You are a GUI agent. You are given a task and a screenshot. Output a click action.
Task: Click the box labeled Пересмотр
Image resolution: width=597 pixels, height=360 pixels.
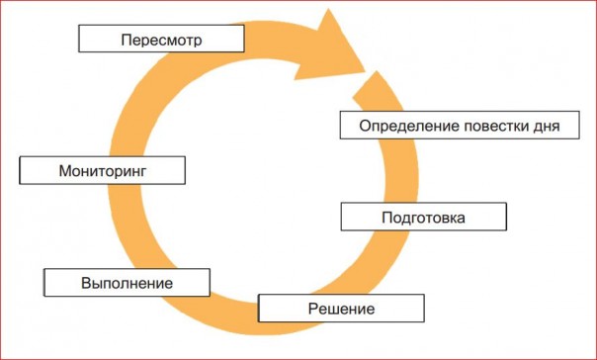tap(161, 39)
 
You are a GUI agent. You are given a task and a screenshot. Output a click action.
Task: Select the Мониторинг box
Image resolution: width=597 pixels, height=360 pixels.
tap(103, 170)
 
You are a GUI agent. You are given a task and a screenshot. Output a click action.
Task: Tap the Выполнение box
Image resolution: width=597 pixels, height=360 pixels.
tap(127, 283)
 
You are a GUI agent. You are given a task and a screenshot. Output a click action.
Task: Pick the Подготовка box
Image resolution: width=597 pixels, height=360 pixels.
tap(422, 217)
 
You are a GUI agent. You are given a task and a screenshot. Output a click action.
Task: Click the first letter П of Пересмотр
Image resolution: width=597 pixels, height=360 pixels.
tap(125, 40)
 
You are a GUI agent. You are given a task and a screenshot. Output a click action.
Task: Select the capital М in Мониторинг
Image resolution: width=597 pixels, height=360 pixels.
tap(64, 170)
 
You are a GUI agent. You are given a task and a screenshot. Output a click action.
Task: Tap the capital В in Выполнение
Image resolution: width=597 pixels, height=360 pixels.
tap(85, 283)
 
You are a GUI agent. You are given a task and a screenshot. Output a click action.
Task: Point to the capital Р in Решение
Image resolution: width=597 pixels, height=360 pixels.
tap(309, 309)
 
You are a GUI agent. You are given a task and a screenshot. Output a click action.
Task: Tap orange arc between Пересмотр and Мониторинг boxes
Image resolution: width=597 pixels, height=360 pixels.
tap(138, 99)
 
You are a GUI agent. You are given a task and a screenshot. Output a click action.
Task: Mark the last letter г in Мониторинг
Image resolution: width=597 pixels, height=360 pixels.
tap(142, 171)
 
